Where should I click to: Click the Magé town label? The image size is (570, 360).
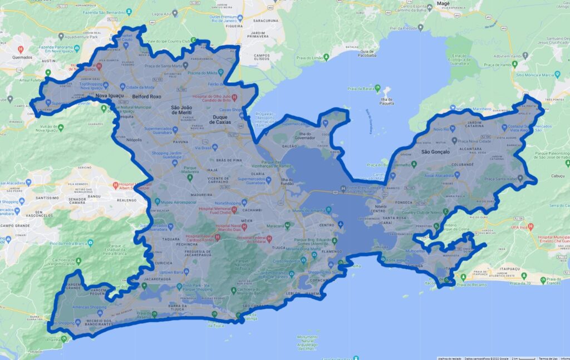pos(444,3)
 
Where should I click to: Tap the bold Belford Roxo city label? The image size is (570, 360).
pos(146,96)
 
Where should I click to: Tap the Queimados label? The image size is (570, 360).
pos(22,57)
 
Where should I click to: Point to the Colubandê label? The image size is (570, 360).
pos(463,165)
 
